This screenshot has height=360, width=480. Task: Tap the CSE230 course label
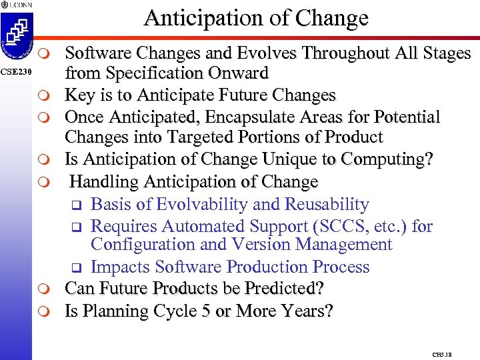coord(15,71)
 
